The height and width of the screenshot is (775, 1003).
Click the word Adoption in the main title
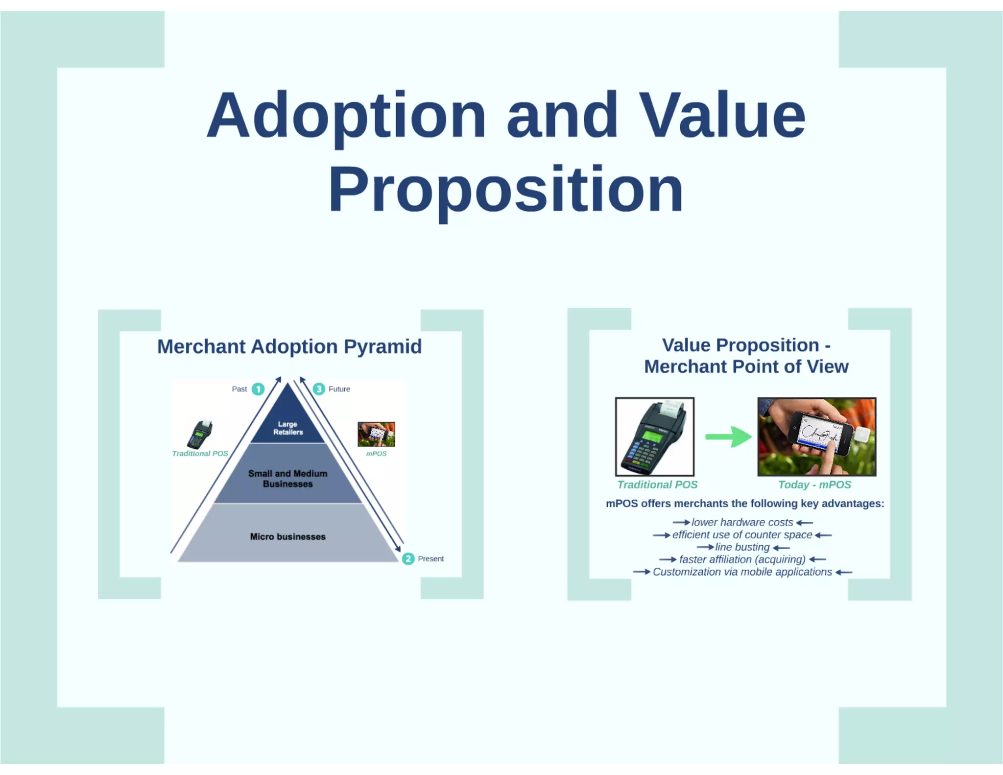tap(346, 116)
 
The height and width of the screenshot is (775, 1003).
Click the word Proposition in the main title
tap(505, 190)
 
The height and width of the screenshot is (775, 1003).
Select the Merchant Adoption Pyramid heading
tap(289, 346)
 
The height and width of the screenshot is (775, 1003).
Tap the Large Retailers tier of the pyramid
tap(288, 428)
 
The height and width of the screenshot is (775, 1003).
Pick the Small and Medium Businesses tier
tap(287, 479)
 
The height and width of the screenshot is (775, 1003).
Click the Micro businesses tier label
tap(287, 536)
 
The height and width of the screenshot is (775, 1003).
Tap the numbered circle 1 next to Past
tap(258, 389)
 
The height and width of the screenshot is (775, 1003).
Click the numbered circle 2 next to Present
tap(408, 559)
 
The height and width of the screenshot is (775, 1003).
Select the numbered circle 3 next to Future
tap(319, 389)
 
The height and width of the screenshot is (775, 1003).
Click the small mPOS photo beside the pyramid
tap(376, 434)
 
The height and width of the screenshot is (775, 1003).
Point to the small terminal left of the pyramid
tap(200, 434)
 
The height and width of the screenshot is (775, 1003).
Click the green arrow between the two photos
tap(728, 436)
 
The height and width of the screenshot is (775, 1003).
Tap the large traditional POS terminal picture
tap(654, 436)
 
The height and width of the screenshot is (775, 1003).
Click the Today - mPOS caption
tap(814, 484)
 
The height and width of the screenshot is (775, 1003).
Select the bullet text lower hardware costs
tap(742, 522)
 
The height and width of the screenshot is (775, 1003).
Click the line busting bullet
tap(742, 547)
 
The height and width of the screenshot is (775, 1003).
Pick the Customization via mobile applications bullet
tap(742, 572)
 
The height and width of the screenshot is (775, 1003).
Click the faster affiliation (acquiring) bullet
tap(742, 559)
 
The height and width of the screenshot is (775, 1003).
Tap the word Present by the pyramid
tap(430, 559)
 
